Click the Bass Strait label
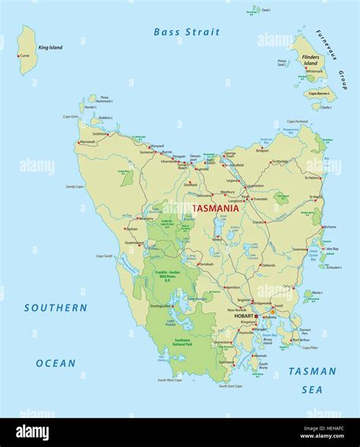186,32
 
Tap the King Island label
50,48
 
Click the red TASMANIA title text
216,207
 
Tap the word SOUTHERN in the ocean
55,308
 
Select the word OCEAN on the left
55,364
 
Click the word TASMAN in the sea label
312,371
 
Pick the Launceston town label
254,185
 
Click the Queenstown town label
134,244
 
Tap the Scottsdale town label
280,161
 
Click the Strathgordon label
160,306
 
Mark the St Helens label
314,178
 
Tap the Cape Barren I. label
319,93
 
